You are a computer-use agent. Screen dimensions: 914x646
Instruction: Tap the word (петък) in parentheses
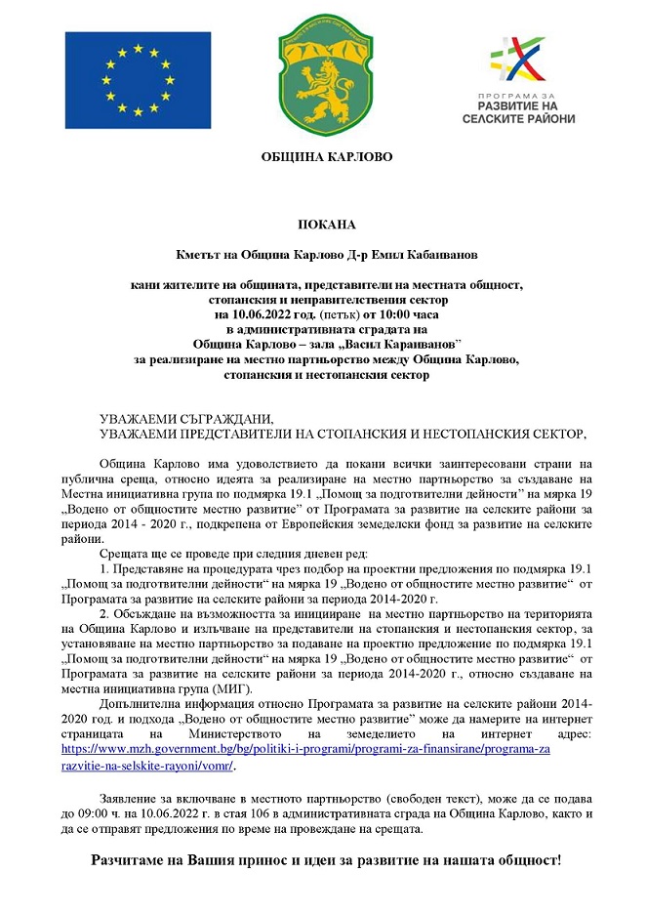337,315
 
